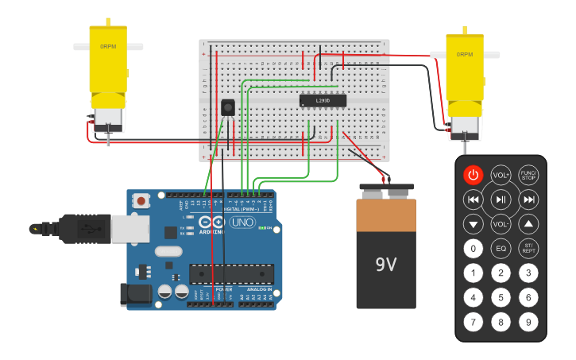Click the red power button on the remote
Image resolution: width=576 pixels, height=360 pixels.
coord(474,175)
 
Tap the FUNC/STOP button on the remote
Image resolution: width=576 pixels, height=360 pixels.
coord(528,175)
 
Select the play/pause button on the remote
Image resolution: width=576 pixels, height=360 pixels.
coord(501,199)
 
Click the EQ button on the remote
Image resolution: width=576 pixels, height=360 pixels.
coord(501,249)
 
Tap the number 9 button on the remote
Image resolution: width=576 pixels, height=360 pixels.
coord(528,322)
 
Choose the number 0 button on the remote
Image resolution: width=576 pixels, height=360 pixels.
coord(474,249)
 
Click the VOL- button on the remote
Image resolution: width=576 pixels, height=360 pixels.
coord(501,223)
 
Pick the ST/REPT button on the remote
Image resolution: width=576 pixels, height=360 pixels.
coord(528,249)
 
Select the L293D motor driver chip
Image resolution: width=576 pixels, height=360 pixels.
coord(323,100)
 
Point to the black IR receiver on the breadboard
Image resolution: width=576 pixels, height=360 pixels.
coord(228,107)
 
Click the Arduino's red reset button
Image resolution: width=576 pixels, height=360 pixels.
coord(141,201)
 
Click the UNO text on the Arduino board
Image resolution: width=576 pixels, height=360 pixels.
coord(242,223)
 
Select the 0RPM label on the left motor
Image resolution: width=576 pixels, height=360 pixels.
coord(107,47)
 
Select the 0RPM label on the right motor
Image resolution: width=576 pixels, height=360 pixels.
coord(464,55)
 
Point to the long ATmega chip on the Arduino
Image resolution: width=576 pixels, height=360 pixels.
coord(231,274)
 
